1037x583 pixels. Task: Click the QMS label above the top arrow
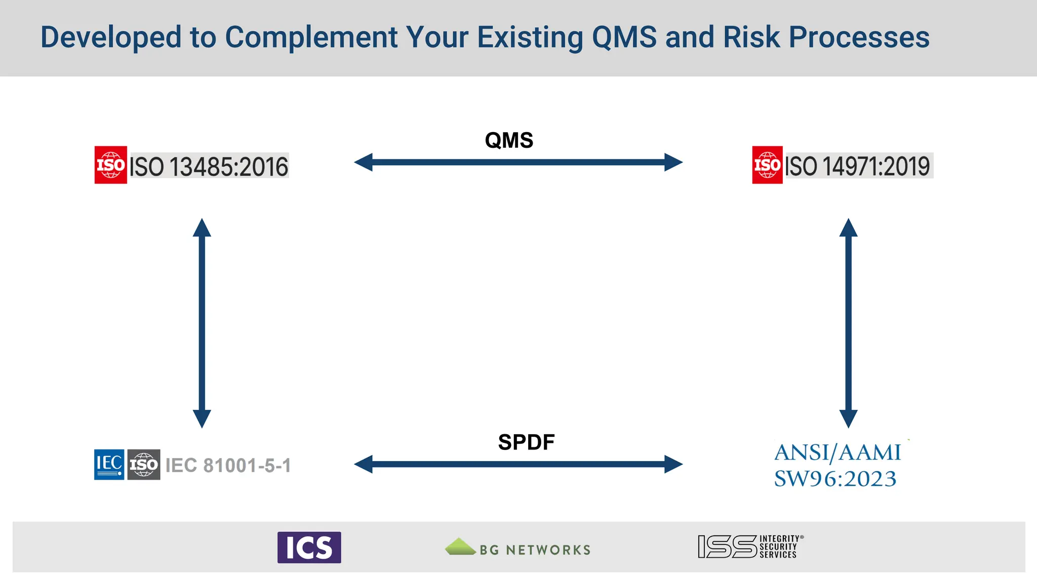(509, 140)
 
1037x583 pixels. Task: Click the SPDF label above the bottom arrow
(526, 442)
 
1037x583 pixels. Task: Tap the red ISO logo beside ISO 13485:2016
(110, 165)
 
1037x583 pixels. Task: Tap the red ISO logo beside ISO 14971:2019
(767, 165)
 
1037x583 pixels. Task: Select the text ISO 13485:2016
(209, 166)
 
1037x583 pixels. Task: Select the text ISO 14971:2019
(858, 166)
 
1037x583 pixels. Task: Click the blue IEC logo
(109, 464)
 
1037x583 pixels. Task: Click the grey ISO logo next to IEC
(143, 464)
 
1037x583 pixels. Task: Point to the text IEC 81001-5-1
(228, 466)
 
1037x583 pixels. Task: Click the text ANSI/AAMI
(837, 452)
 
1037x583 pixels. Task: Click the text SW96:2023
(835, 479)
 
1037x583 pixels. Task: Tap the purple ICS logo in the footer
(309, 547)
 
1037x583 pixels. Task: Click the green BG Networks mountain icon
(460, 547)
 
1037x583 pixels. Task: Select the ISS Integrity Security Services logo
(749, 547)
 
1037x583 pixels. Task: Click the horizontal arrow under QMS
(518, 162)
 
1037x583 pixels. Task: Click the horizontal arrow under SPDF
(518, 464)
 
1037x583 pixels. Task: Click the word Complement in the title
(311, 37)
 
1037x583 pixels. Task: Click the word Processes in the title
(859, 37)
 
